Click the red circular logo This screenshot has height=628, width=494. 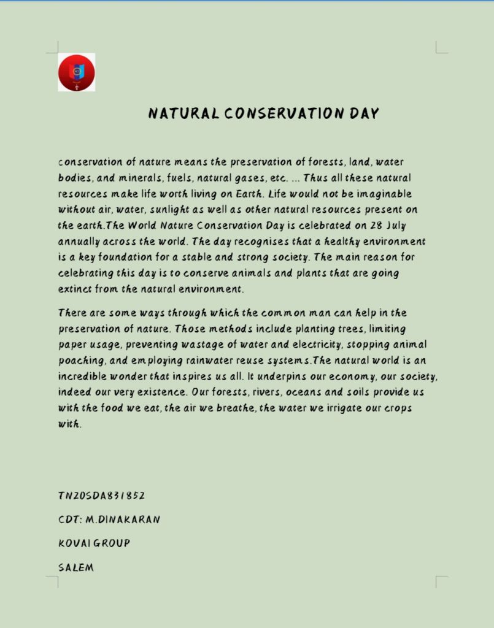point(77,72)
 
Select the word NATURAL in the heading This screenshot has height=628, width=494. point(183,113)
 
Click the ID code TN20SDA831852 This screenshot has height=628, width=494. point(102,496)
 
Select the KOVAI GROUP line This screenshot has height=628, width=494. point(95,543)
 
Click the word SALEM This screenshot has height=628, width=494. point(77,567)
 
